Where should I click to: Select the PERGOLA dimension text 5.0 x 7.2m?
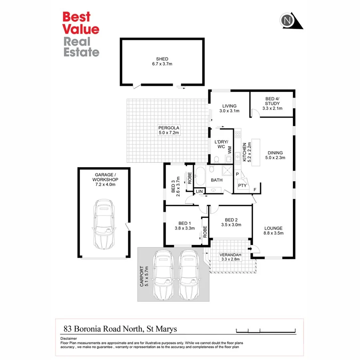[x=168, y=132]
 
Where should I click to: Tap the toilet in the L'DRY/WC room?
[x=216, y=160]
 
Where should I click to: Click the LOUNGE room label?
[x=274, y=228]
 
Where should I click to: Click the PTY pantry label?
[x=242, y=186]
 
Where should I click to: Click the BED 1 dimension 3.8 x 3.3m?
[x=184, y=228]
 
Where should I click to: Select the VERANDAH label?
[x=229, y=254]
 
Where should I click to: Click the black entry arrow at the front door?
[x=250, y=249]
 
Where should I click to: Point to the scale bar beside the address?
[x=266, y=330]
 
